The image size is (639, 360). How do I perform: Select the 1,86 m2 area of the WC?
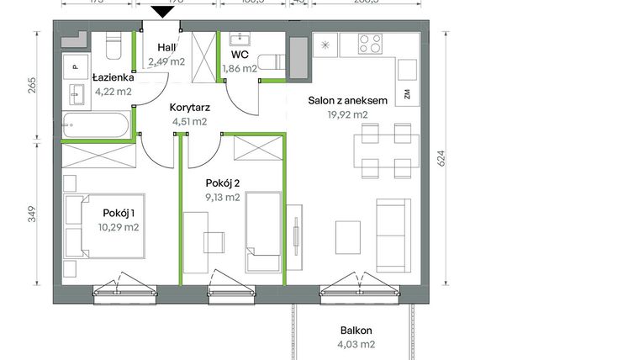click(239, 69)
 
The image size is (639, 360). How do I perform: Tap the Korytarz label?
click(189, 108)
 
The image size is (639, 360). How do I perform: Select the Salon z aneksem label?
click(347, 100)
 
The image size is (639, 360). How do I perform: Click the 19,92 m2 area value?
click(347, 114)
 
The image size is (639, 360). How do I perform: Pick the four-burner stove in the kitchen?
click(370, 43)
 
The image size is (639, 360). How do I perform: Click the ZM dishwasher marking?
click(407, 94)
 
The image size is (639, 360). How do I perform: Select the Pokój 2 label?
click(223, 183)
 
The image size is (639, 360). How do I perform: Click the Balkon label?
click(356, 331)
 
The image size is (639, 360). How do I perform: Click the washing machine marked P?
click(75, 66)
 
